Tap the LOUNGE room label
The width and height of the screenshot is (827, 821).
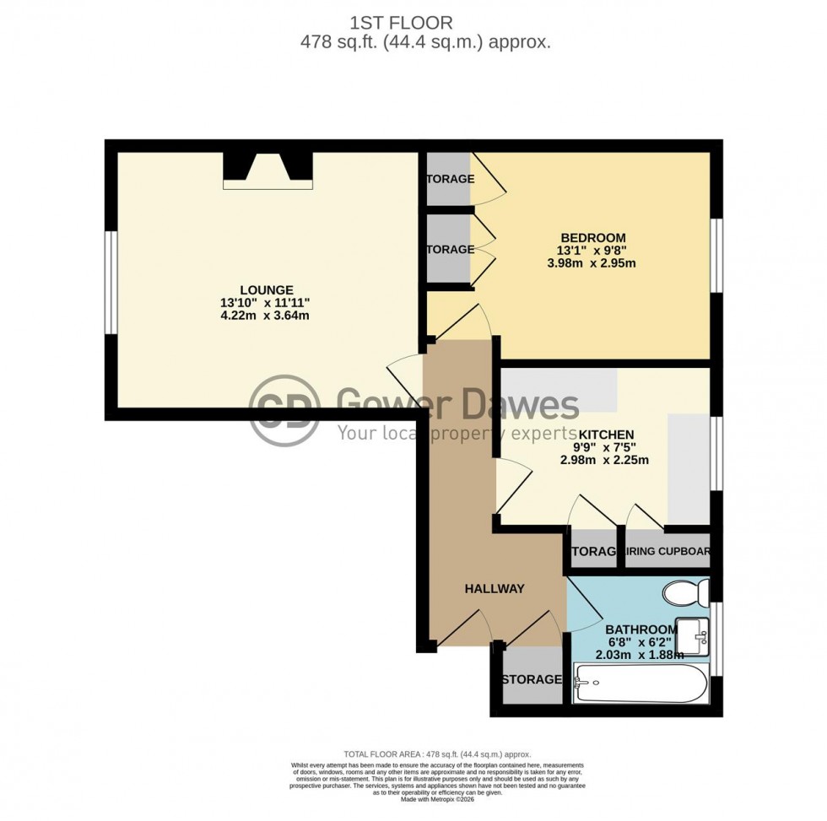click(x=266, y=289)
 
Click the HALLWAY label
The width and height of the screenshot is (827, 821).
click(x=494, y=588)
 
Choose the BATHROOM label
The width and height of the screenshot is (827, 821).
click(x=641, y=629)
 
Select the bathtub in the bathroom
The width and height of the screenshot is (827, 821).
click(x=639, y=683)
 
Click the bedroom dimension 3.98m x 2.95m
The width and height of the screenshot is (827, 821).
click(x=591, y=263)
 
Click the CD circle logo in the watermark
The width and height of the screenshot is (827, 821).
click(x=284, y=409)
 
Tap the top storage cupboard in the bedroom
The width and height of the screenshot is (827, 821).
click(x=450, y=179)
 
